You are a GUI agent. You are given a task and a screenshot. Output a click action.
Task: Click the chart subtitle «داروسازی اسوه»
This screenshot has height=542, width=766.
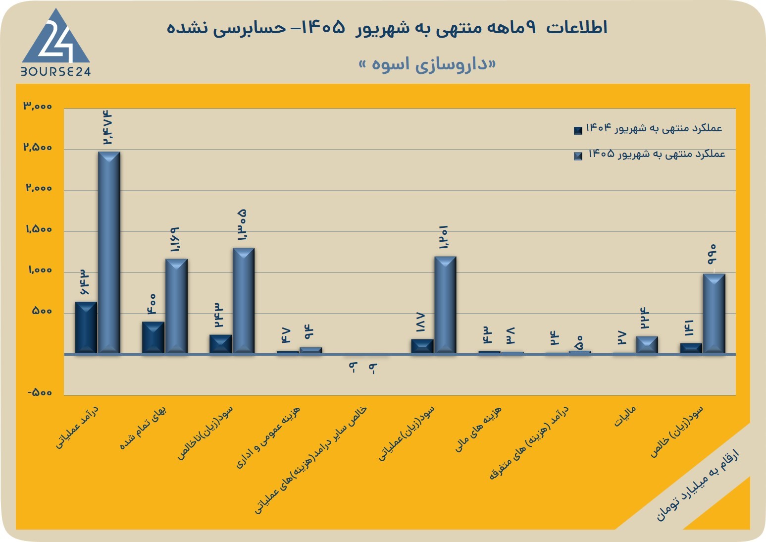click(427, 64)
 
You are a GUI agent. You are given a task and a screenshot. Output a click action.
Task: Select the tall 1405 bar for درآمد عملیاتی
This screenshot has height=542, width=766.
click(109, 253)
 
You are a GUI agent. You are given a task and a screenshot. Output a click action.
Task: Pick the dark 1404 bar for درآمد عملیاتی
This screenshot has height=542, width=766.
click(86, 327)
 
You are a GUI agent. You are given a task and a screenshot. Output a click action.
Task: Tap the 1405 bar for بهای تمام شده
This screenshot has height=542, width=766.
click(176, 306)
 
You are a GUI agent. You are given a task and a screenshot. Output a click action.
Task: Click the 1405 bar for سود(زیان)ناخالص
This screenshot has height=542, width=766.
click(244, 300)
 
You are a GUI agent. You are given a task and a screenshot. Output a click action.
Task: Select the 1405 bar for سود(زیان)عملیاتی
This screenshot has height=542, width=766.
click(445, 305)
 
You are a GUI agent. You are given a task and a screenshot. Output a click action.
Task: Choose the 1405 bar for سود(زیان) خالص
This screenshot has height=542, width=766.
click(714, 314)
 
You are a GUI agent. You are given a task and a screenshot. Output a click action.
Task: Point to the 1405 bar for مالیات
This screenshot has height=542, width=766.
click(647, 344)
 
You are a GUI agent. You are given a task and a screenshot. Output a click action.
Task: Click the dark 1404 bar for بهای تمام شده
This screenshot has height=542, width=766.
click(153, 337)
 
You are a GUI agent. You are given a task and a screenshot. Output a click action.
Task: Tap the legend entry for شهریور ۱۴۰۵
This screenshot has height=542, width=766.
click(649, 154)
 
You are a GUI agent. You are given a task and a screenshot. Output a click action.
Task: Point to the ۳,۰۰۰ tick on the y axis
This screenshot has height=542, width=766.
click(38, 106)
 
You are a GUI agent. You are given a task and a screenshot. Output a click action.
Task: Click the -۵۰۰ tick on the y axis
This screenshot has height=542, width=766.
click(40, 392)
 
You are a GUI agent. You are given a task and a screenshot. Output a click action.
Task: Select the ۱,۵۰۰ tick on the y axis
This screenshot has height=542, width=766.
click(39, 229)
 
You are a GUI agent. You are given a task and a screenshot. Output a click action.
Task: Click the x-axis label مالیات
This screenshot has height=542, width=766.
click(625, 416)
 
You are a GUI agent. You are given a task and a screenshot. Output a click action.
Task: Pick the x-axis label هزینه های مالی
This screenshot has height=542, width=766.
click(478, 429)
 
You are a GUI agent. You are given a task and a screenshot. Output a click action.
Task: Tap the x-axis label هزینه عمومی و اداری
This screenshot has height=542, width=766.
click(268, 437)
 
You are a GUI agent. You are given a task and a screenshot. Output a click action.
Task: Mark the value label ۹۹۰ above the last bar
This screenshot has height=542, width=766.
click(712, 254)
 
